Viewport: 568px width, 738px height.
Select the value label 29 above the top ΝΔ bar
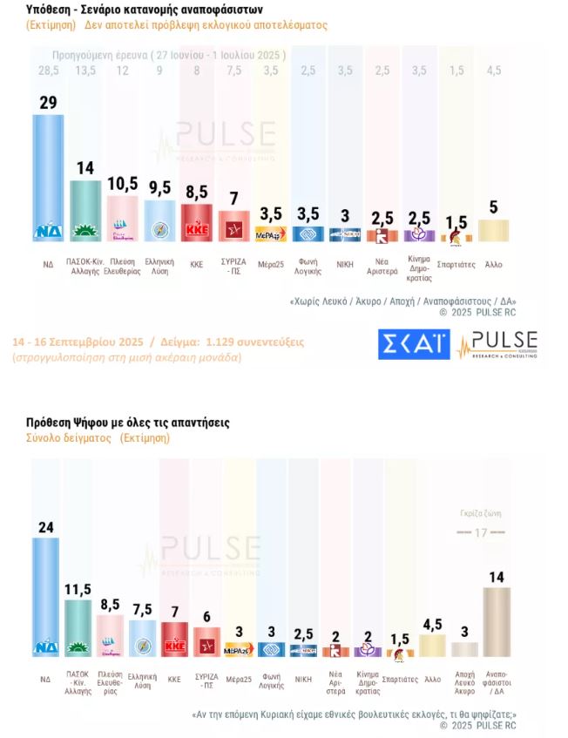click(x=48, y=103)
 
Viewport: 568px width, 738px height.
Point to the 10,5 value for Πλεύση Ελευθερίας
click(x=122, y=184)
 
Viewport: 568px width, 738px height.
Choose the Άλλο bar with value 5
click(x=493, y=229)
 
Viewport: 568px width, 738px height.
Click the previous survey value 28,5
click(x=48, y=70)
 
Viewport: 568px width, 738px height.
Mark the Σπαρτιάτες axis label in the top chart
click(x=456, y=263)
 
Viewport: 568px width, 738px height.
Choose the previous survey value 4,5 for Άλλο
click(x=493, y=70)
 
